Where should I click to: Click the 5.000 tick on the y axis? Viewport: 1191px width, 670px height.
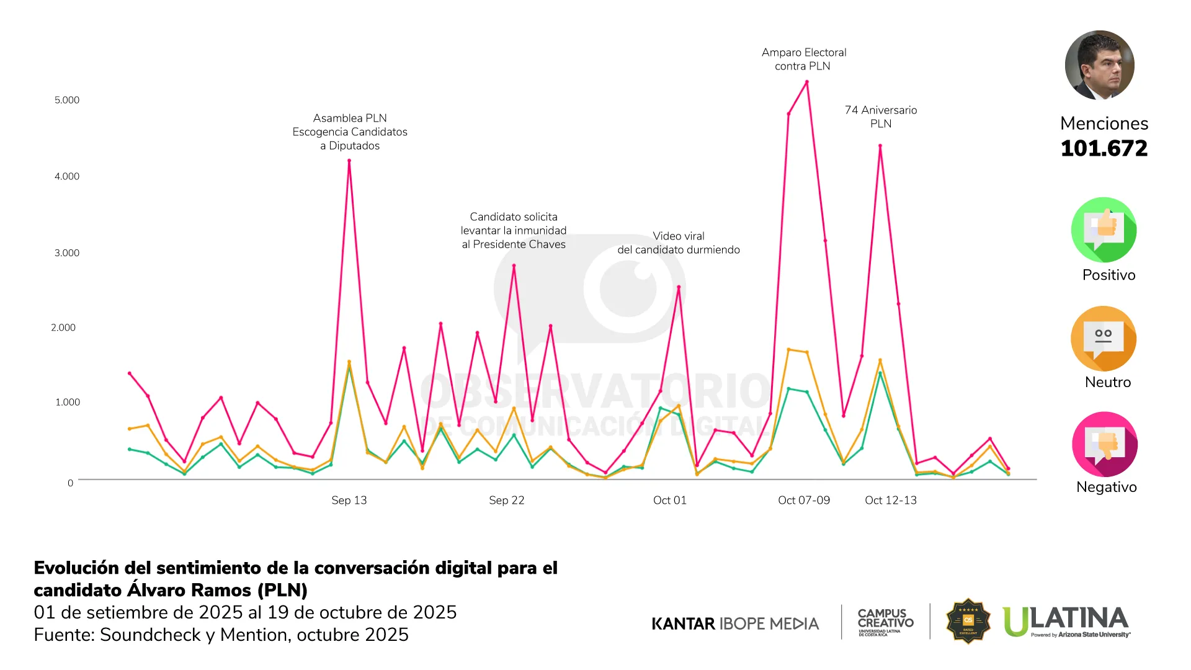tap(67, 100)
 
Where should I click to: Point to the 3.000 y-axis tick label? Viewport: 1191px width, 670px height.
tap(67, 253)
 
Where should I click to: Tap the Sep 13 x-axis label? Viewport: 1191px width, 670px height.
tap(349, 500)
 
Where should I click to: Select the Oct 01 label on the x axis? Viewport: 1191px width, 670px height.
tap(669, 500)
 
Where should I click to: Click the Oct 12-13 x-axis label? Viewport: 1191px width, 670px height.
tap(890, 500)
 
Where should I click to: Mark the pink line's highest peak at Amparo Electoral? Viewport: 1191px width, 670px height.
tap(807, 82)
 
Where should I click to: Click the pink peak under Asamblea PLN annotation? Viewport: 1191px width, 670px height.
tap(349, 161)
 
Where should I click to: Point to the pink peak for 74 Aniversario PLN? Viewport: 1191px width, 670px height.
tap(880, 146)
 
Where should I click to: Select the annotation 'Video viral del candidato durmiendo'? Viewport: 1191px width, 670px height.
tap(678, 243)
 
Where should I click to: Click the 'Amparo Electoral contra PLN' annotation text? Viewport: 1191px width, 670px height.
tap(803, 60)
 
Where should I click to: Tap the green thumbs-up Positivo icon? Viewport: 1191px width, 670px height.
tap(1104, 230)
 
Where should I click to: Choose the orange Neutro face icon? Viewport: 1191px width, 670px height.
tap(1104, 339)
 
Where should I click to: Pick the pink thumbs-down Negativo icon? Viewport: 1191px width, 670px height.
tap(1104, 444)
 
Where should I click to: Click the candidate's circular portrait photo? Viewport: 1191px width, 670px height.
tap(1099, 65)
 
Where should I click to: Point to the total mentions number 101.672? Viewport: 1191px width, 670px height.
tap(1104, 149)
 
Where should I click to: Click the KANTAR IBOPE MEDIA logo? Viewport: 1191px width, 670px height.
tap(735, 623)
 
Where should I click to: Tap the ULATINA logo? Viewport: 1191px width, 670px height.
tap(1066, 621)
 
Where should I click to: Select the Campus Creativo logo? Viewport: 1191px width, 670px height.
tap(885, 622)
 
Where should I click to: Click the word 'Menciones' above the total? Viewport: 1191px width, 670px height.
tap(1104, 123)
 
